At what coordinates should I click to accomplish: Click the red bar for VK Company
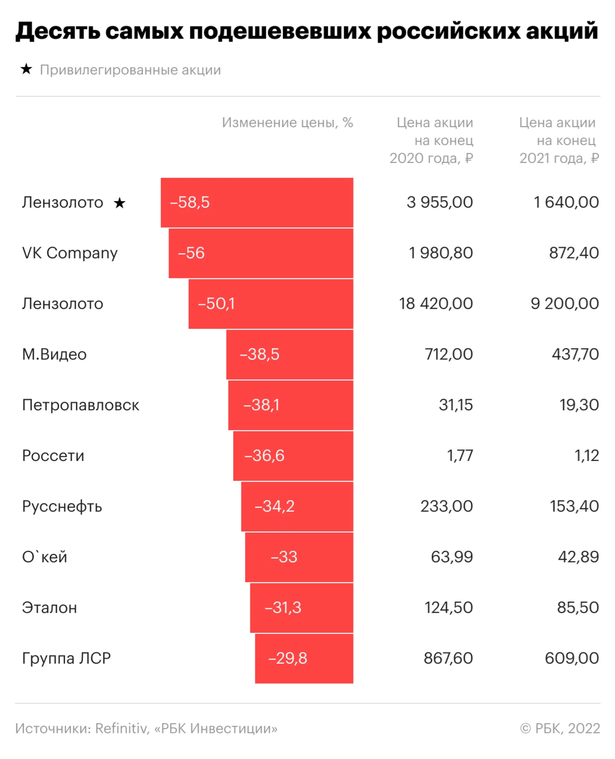pyautogui.click(x=261, y=253)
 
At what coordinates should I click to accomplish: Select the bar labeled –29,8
pyautogui.click(x=304, y=658)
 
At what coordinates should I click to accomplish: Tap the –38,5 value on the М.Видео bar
pyautogui.click(x=259, y=354)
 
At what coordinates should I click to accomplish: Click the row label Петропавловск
pyautogui.click(x=80, y=405)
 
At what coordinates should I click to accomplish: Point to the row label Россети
pyautogui.click(x=53, y=456)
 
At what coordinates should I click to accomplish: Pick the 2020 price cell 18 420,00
pyautogui.click(x=436, y=304)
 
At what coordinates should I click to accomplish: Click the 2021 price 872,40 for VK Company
pyautogui.click(x=573, y=253)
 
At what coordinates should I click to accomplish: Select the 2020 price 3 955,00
pyautogui.click(x=439, y=203)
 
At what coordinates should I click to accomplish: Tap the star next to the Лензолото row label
pyautogui.click(x=119, y=203)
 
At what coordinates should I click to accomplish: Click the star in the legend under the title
pyautogui.click(x=26, y=69)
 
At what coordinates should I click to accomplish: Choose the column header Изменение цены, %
pyautogui.click(x=287, y=123)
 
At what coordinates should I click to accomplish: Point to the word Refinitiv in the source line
pyautogui.click(x=121, y=728)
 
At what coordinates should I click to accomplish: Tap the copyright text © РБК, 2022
pyautogui.click(x=560, y=728)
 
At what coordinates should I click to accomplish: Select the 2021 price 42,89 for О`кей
pyautogui.click(x=578, y=557)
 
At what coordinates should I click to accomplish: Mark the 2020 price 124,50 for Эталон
pyautogui.click(x=448, y=608)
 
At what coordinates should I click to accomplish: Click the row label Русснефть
pyautogui.click(x=62, y=507)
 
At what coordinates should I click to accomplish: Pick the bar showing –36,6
pyautogui.click(x=293, y=456)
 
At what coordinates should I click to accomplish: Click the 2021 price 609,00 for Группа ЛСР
pyautogui.click(x=571, y=658)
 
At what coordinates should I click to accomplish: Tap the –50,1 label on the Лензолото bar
pyautogui.click(x=216, y=304)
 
